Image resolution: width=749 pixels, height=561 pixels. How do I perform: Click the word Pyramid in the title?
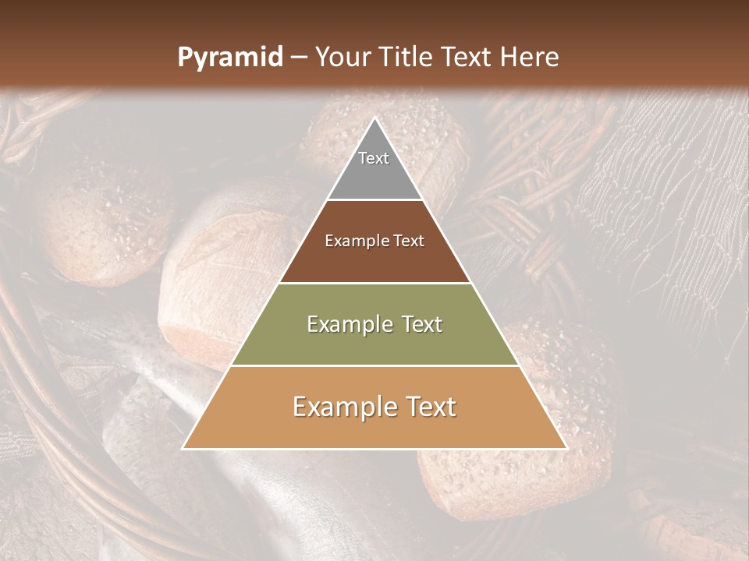click(229, 58)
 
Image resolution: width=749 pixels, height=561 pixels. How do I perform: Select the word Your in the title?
click(343, 58)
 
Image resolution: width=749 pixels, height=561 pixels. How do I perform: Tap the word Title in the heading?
click(406, 58)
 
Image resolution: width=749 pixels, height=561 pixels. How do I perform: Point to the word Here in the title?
click(531, 58)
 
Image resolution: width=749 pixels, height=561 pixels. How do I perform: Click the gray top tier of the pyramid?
click(374, 175)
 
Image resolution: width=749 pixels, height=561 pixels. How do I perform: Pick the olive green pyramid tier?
click(374, 343)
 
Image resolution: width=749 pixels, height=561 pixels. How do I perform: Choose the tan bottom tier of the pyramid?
click(374, 429)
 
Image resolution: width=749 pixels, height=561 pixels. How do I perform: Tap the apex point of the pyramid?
click(374, 118)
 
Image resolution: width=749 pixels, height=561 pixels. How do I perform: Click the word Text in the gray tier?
click(374, 158)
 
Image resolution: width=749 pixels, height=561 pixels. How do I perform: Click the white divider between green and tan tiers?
click(374, 366)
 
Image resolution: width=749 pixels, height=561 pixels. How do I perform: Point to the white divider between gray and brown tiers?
click(374, 200)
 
